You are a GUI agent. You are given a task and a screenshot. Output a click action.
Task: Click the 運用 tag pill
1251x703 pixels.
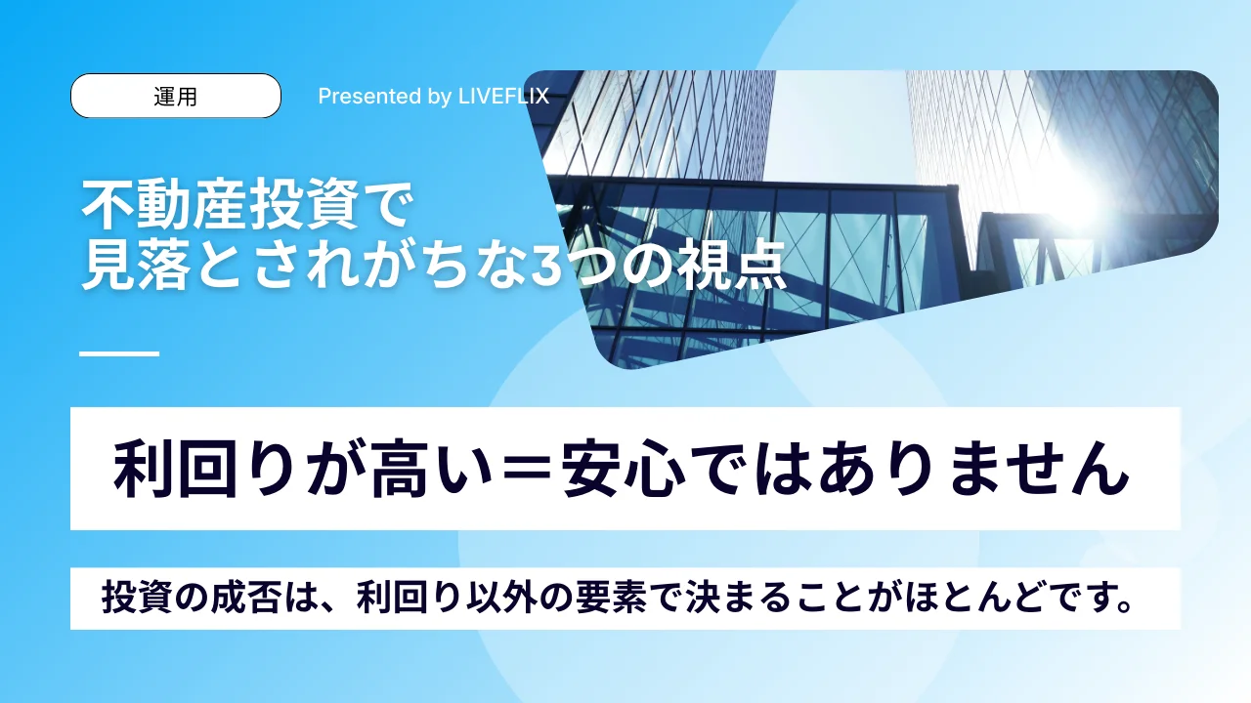(x=176, y=96)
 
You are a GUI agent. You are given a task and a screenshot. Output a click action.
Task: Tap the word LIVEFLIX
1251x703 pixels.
(x=503, y=97)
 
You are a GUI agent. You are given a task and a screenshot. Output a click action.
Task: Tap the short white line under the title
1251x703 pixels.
(x=119, y=353)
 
